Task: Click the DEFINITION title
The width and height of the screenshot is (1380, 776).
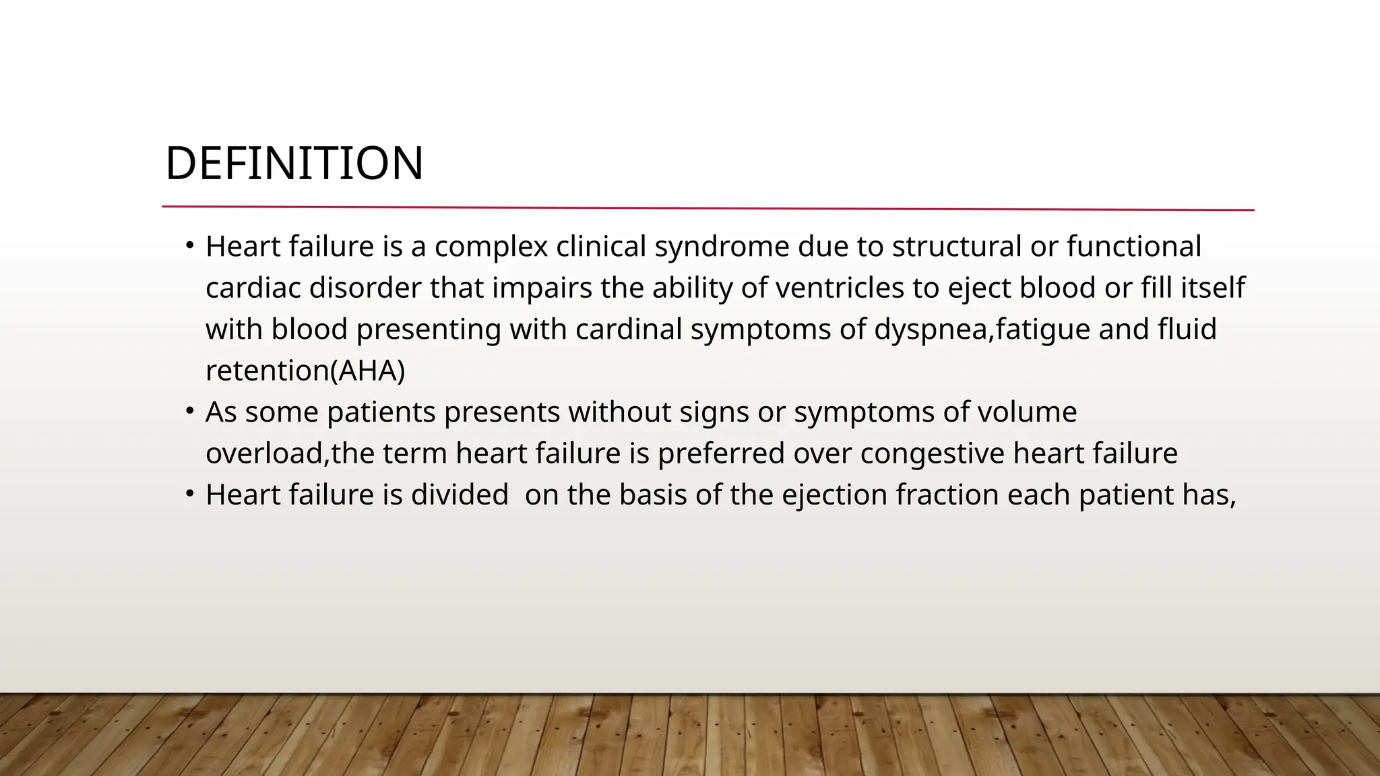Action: [294, 164]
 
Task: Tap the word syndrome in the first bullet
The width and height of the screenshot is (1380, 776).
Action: [722, 247]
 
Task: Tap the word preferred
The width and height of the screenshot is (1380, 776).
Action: [721, 453]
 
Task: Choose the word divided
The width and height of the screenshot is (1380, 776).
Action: [460, 495]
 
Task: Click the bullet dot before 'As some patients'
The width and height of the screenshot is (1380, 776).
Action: [190, 410]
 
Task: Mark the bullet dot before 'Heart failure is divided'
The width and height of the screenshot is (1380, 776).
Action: [190, 494]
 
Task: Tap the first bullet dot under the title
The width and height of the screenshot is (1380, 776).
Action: [190, 245]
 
